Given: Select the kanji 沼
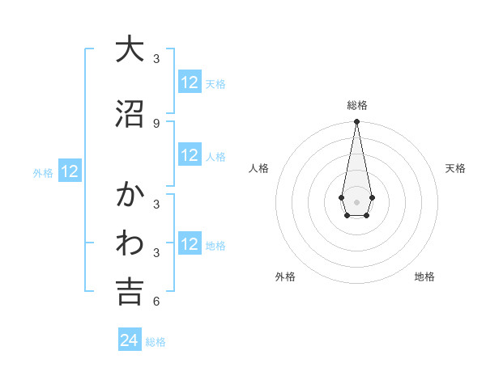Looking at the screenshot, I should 130,114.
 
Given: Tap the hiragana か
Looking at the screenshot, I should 130,195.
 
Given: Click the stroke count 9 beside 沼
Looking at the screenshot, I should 156,123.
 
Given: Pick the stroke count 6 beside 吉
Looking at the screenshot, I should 156,302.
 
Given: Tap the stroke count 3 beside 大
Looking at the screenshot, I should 156,58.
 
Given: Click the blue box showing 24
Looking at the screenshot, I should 130,340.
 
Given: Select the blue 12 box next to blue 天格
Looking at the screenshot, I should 190,82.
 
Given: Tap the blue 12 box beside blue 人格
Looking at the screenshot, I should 190,155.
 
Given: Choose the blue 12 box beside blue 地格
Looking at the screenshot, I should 190,244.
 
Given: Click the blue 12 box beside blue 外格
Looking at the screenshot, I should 70,171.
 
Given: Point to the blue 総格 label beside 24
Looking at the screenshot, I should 156,342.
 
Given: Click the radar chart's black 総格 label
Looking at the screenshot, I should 356,105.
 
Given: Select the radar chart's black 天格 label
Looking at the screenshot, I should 455,168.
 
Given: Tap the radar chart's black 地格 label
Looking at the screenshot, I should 424,277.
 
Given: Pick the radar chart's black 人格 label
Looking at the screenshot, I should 258,168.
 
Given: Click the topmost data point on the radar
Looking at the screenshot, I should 356,122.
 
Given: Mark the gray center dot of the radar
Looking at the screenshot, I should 356,201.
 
